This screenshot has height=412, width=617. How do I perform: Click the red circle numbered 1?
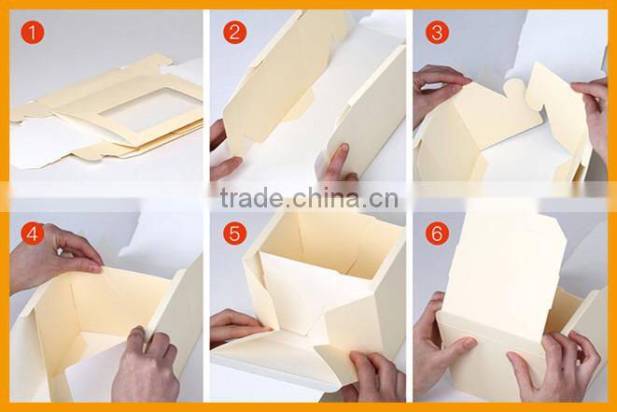(33, 33)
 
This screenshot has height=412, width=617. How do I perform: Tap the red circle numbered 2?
(235, 33)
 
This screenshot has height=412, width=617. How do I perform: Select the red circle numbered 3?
(437, 33)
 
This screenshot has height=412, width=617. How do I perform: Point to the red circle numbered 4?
(33, 234)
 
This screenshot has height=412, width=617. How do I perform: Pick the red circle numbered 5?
(235, 234)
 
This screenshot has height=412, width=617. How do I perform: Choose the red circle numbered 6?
(437, 234)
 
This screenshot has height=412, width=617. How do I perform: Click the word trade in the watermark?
(252, 198)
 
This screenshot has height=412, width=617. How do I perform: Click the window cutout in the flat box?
(150, 108)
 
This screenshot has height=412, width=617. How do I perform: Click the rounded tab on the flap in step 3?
(514, 88)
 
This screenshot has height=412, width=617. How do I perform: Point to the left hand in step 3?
(438, 92)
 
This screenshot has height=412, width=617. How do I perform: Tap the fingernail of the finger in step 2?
(344, 149)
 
